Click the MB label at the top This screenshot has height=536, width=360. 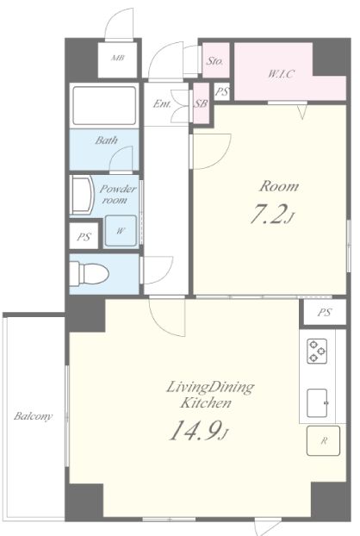tap(117, 58)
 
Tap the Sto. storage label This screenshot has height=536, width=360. tap(214, 61)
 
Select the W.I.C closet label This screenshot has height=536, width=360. tap(281, 74)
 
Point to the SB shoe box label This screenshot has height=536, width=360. tap(201, 103)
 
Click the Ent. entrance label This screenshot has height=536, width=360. tap(162, 103)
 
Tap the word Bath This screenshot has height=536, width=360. tap(107, 140)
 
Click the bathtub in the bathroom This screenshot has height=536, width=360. tap(104, 106)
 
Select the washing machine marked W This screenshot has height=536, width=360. tap(121, 231)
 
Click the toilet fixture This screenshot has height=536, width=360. tap(90, 273)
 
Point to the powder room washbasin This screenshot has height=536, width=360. tap(82, 195)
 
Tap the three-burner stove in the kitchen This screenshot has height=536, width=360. tap(317, 351)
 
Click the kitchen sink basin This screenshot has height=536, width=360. tap(317, 403)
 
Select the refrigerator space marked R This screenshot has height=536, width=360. tap(323, 440)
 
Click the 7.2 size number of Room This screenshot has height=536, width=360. tap(267, 215)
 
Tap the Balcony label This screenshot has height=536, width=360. tap(33, 416)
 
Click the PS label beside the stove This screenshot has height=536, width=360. tap(324, 312)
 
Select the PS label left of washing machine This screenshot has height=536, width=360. tap(84, 237)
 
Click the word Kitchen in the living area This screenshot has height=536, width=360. tap(206, 402)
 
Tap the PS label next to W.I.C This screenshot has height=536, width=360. tap(222, 91)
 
